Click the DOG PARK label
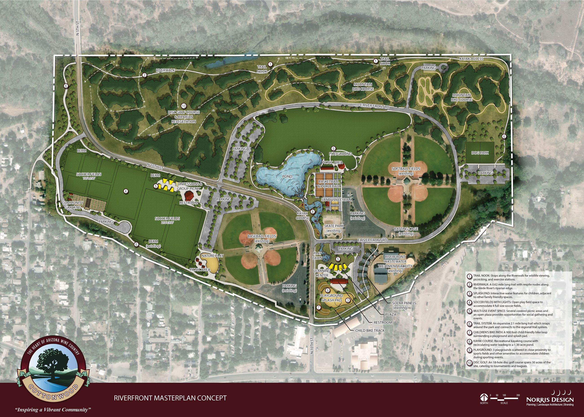[480, 153]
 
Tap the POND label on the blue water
[287, 177]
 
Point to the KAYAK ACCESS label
[471, 59]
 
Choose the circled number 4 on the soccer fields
[126, 191]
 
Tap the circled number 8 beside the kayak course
[312, 212]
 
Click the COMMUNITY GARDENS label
[73, 205]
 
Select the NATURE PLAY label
[212, 256]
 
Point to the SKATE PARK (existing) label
[334, 228]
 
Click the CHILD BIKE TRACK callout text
[370, 331]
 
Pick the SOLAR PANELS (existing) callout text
[404, 305]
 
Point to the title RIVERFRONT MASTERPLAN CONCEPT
[170, 398]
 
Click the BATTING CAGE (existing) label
[406, 231]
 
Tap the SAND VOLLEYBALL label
[336, 199]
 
